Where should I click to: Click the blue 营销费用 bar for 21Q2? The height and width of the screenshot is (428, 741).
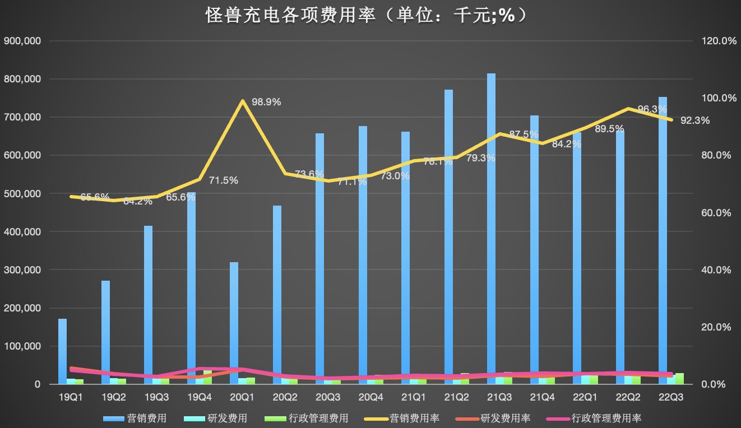[448, 235]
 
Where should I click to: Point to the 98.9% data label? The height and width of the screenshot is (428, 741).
[266, 102]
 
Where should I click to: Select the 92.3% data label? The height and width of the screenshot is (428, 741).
[695, 120]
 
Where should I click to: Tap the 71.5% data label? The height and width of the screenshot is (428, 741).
[223, 180]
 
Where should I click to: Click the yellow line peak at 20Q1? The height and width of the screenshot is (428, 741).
[242, 101]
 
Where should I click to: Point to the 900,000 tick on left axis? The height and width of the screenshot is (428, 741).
[22, 41]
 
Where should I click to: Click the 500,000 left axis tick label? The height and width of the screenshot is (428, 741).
[22, 194]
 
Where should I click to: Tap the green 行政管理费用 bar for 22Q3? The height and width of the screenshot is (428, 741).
[679, 379]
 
